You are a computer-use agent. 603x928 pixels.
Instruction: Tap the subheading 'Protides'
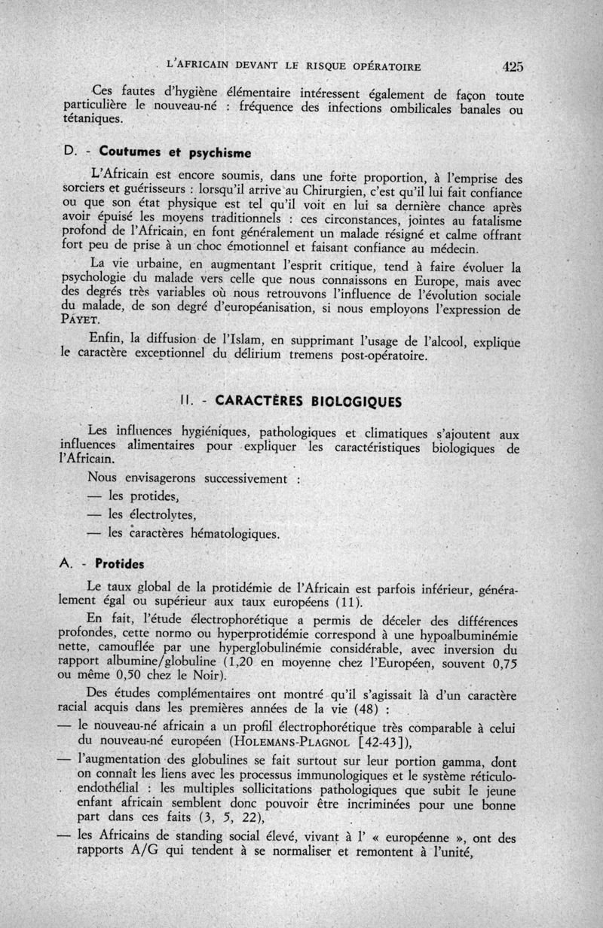click(x=121, y=564)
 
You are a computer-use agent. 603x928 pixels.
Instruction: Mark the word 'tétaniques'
click(x=93, y=119)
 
